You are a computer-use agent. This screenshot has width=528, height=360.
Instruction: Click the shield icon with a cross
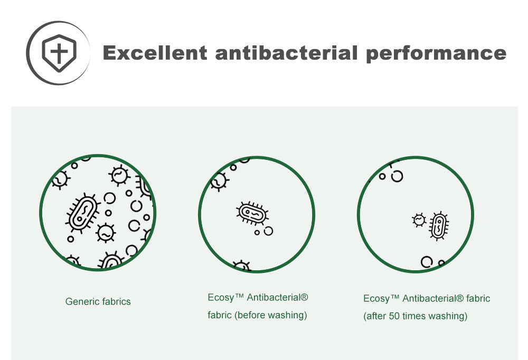(x=59, y=53)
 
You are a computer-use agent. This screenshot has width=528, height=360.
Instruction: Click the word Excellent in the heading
(x=155, y=53)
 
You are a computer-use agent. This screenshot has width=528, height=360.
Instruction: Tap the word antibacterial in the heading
(x=286, y=53)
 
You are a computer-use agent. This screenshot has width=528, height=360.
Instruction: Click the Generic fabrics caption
(x=98, y=301)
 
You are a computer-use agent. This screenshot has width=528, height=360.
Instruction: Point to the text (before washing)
(x=271, y=315)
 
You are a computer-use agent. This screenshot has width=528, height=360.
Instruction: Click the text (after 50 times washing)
(x=415, y=316)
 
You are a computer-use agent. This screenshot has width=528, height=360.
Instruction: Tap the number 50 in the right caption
(x=394, y=316)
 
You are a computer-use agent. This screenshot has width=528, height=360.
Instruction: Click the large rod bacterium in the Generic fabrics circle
(x=82, y=213)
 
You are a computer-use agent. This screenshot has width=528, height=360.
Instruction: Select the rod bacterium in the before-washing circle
(x=252, y=213)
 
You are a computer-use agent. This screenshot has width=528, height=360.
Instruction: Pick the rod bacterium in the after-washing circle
(x=439, y=225)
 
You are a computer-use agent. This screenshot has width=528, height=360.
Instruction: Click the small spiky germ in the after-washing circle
(x=419, y=220)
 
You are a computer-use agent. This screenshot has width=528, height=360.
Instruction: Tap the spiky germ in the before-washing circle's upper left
(x=219, y=182)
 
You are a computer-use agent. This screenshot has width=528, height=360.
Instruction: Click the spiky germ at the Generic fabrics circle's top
(x=119, y=175)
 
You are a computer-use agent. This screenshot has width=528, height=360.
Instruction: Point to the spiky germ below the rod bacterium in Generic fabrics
(x=106, y=233)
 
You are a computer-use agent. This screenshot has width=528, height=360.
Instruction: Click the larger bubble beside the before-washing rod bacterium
(x=268, y=231)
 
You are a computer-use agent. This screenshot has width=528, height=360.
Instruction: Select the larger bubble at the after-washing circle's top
(x=397, y=176)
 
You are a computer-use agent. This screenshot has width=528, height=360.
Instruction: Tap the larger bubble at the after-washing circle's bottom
(x=427, y=262)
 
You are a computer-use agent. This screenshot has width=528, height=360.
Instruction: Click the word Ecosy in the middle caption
(x=221, y=298)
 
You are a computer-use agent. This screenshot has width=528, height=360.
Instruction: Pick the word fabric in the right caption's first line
(x=478, y=298)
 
